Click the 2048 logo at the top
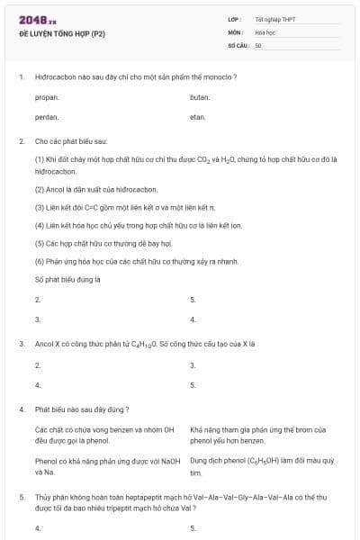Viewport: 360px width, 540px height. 37,19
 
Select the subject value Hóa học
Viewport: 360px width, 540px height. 265,31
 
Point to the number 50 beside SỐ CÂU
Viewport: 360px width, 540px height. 258,44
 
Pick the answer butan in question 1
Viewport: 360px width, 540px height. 200,96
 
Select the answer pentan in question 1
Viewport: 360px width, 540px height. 47,117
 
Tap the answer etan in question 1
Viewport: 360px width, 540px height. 198,117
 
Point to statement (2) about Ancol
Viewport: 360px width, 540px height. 96,190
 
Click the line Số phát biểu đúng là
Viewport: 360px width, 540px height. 67,280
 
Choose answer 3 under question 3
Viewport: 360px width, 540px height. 193,364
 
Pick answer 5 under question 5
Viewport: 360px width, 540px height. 193,528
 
